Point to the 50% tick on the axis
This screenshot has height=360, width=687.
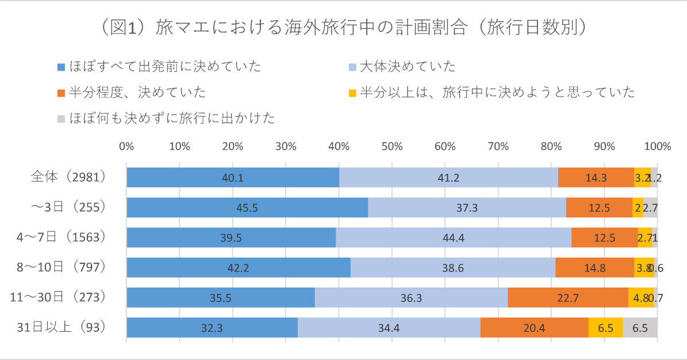tap(392, 146)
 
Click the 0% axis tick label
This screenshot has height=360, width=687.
tap(126, 146)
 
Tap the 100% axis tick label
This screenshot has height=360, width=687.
tap(658, 146)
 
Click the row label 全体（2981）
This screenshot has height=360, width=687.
tap(68, 177)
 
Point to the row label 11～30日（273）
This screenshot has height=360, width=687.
tap(59, 297)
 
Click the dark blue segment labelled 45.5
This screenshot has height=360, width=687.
tap(247, 208)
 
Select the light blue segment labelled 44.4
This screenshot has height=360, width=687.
tap(453, 238)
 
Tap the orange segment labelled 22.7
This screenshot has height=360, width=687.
tap(568, 297)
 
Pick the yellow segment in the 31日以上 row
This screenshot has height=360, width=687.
tap(605, 327)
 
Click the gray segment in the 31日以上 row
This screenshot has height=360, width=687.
tap(640, 327)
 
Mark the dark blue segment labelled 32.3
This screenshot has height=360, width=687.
tap(212, 327)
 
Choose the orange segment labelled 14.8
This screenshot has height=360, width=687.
tap(594, 267)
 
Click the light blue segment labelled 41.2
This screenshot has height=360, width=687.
tap(448, 177)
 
